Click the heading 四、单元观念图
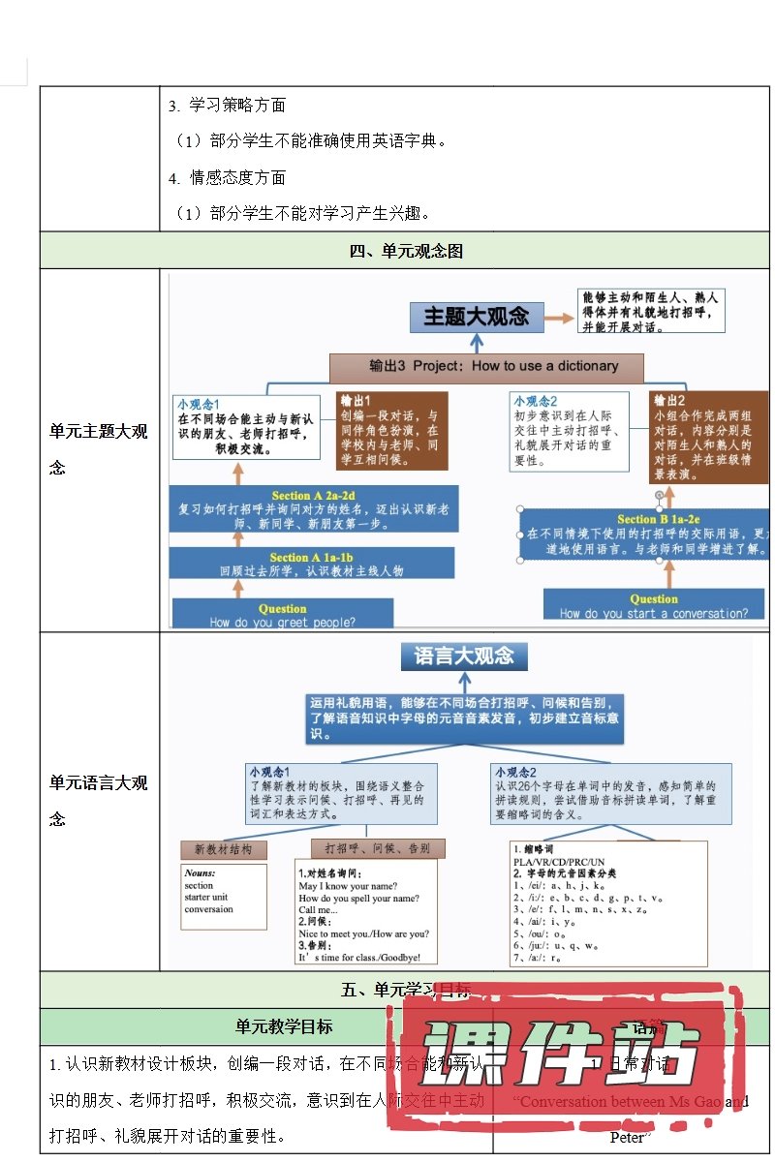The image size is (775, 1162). [x=406, y=251]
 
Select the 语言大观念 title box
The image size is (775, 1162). [x=464, y=656]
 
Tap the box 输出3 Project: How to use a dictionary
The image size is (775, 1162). [x=486, y=366]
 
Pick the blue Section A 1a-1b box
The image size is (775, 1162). [x=312, y=564]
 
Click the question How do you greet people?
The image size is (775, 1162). [x=283, y=615]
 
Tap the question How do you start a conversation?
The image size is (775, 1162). [x=654, y=605]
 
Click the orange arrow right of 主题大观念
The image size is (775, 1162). [x=557, y=316]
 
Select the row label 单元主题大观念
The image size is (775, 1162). [x=99, y=449]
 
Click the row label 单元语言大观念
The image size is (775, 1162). [x=99, y=801]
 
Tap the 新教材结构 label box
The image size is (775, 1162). [x=224, y=849]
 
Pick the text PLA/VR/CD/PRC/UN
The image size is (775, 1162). [x=559, y=861]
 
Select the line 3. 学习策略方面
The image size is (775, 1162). [x=227, y=106]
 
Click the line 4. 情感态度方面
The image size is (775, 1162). [x=227, y=177]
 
